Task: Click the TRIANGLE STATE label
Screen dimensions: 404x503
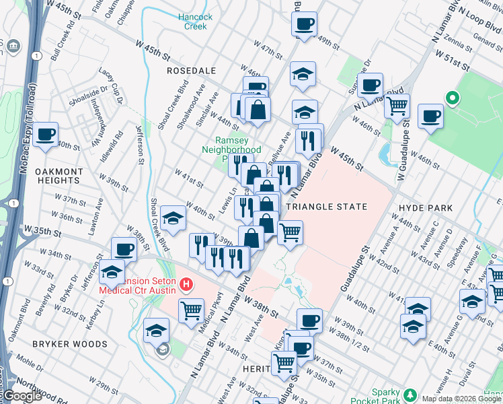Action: click(327, 207)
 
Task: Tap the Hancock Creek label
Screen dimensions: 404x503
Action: click(196, 22)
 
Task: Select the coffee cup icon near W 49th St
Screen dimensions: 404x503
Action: click(304, 26)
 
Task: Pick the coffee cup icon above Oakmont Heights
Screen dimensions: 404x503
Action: click(46, 134)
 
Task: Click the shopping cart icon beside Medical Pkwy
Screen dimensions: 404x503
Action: click(191, 310)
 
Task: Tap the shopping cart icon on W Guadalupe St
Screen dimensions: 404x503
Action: click(397, 105)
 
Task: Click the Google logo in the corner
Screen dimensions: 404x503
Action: click(22, 396)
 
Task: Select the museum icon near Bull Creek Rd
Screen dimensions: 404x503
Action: click(12, 46)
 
